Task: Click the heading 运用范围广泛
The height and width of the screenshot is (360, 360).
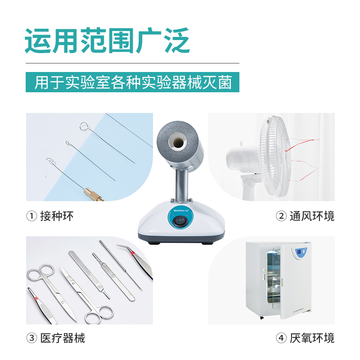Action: [x=107, y=40]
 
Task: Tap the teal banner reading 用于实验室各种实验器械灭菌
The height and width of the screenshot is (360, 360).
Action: [x=132, y=82]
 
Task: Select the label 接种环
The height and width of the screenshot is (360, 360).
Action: [x=57, y=216]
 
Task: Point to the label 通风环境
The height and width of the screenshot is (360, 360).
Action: [x=312, y=216]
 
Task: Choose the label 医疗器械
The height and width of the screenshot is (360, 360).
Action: [x=63, y=338]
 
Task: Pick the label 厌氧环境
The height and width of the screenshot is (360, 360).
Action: [x=312, y=338]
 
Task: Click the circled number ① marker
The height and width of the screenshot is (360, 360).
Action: [x=31, y=216]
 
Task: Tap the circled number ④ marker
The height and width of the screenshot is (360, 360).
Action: [x=281, y=338]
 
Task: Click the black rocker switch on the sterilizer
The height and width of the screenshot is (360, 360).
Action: [x=180, y=221]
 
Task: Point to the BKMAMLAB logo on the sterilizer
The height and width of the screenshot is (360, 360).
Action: [x=181, y=210]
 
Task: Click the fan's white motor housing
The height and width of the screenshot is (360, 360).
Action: [x=243, y=158]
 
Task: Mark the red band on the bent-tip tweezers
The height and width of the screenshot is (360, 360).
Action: [x=133, y=253]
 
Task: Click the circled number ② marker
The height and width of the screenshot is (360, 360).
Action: [x=281, y=216]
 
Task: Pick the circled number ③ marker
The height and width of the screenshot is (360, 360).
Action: [x=31, y=338]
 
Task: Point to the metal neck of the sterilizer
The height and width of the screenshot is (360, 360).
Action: [x=182, y=185]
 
